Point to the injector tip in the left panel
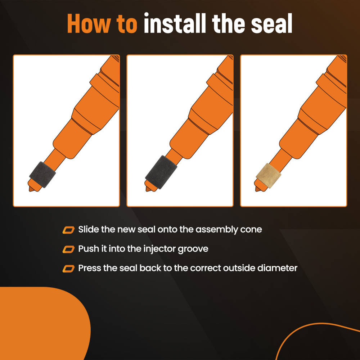coord(32,188)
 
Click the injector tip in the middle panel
coord(149,187)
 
